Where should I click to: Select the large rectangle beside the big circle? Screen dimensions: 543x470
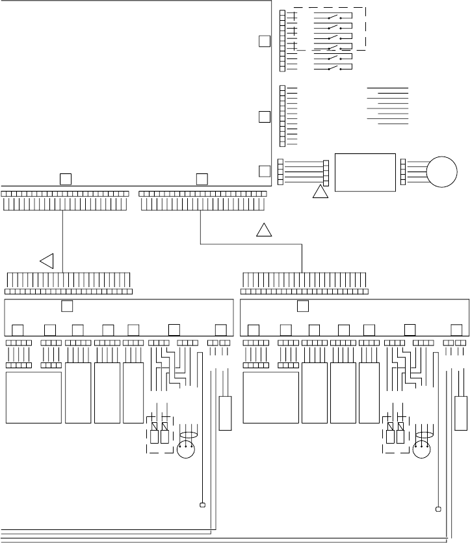pyautogui.click(x=364, y=172)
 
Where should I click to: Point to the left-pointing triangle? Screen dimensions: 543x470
pyautogui.click(x=47, y=261)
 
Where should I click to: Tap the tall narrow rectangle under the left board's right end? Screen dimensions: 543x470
pyautogui.click(x=226, y=412)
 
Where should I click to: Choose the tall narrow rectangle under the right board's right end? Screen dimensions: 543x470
pyautogui.click(x=461, y=412)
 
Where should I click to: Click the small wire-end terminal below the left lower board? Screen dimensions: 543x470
pyautogui.click(x=202, y=505)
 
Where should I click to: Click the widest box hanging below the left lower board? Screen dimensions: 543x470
pyautogui.click(x=34, y=398)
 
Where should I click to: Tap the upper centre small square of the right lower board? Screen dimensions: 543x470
pyautogui.click(x=303, y=306)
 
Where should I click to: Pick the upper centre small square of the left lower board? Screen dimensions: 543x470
pyautogui.click(x=67, y=306)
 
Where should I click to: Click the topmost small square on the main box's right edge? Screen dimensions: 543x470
pyautogui.click(x=264, y=41)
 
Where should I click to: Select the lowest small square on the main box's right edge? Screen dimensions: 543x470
pyautogui.click(x=264, y=171)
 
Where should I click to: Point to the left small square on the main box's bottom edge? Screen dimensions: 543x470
pyautogui.click(x=65, y=179)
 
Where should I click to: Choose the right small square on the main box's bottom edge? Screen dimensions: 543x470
pyautogui.click(x=202, y=179)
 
